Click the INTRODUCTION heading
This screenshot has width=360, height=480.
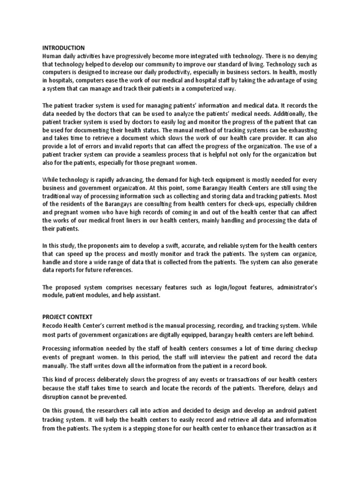(x=64, y=48)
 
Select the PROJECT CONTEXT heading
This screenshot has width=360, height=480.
(x=67, y=317)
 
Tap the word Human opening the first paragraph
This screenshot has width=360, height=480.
(x=52, y=56)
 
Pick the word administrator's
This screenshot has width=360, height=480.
(x=293, y=287)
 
